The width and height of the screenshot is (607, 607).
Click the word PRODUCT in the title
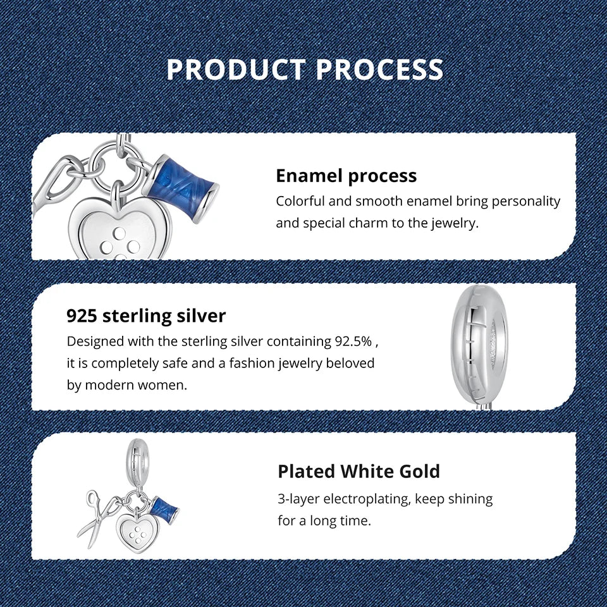pos(236,70)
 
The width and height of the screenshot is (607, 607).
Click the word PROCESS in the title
pos(379,70)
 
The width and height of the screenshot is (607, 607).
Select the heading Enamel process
pos(346,176)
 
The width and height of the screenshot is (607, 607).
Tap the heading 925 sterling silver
pos(146,316)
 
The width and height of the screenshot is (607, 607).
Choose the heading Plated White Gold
pos(359,471)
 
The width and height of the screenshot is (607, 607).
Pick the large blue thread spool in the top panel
pos(181,183)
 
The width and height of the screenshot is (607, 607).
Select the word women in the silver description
pos(166,384)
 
